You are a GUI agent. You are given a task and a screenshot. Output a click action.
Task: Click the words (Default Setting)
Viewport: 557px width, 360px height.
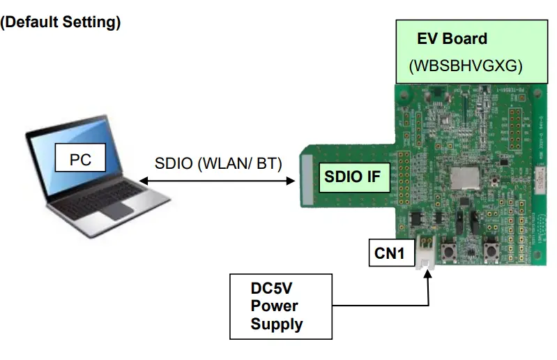point(61,22)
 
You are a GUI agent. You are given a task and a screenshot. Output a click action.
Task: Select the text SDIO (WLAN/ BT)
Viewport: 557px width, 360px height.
point(218,165)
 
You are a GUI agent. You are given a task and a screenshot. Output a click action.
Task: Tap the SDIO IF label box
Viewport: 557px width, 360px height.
point(353,177)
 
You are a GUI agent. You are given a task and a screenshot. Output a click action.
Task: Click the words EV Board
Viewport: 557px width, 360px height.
point(452,38)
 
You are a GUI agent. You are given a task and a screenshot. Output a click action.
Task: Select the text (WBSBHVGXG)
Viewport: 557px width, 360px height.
point(465,67)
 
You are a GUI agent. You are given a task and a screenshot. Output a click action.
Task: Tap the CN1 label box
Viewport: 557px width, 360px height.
point(389,252)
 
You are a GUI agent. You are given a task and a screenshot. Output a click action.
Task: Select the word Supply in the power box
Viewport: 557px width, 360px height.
point(277,324)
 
